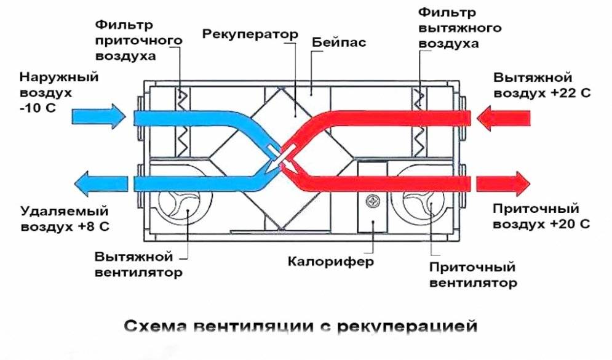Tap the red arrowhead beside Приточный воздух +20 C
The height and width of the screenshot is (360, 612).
[519, 183]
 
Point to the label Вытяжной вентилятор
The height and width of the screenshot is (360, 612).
[138, 264]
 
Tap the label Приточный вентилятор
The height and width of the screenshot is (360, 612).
[472, 275]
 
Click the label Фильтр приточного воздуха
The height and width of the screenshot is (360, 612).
[138, 40]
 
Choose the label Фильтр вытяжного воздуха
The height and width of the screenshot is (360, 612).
[459, 28]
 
